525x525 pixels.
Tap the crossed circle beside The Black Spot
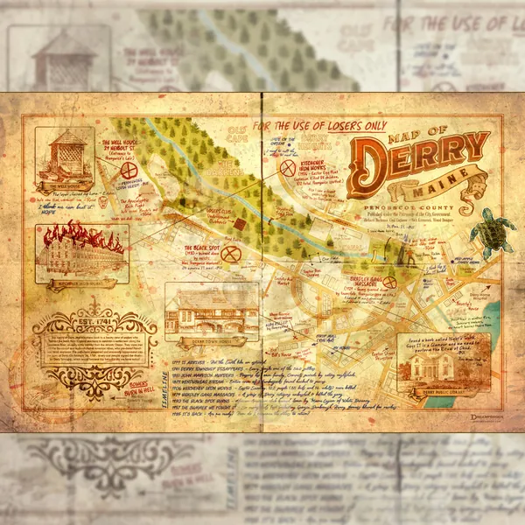pyautogui.click(x=231, y=254)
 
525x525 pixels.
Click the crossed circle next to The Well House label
pyautogui.click(x=129, y=170)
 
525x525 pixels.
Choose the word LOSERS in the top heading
pyautogui.click(x=340, y=125)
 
